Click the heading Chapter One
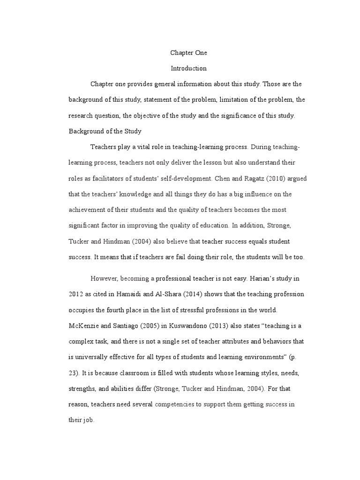(188, 53)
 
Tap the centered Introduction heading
(188, 68)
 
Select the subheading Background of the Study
(105, 131)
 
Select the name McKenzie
(85, 326)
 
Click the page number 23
(73, 373)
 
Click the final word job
(89, 420)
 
